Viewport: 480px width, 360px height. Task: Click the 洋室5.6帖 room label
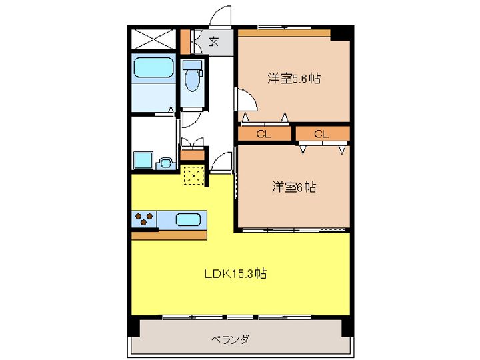pos(294,79)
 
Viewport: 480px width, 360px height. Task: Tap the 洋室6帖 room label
pos(294,187)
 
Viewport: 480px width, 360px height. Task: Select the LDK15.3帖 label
pos(235,273)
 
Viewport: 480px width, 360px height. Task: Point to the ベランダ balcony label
pos(230,339)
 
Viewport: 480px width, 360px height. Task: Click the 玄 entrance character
pos(214,41)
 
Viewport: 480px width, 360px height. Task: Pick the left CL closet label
pos(263,134)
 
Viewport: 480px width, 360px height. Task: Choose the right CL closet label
pos(321,134)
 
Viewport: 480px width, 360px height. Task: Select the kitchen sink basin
pos(188,219)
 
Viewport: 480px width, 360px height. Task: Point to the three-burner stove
pos(144,219)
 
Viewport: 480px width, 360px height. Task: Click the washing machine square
pos(143,159)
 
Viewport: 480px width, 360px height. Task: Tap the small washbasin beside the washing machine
pos(165,163)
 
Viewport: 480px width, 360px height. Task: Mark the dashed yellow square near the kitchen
pos(194,175)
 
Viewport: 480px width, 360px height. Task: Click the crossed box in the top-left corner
pos(154,39)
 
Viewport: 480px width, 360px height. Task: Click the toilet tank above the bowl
pos(193,65)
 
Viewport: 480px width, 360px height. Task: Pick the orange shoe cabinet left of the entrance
pos(185,41)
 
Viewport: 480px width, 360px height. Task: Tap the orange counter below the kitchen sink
pos(169,235)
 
